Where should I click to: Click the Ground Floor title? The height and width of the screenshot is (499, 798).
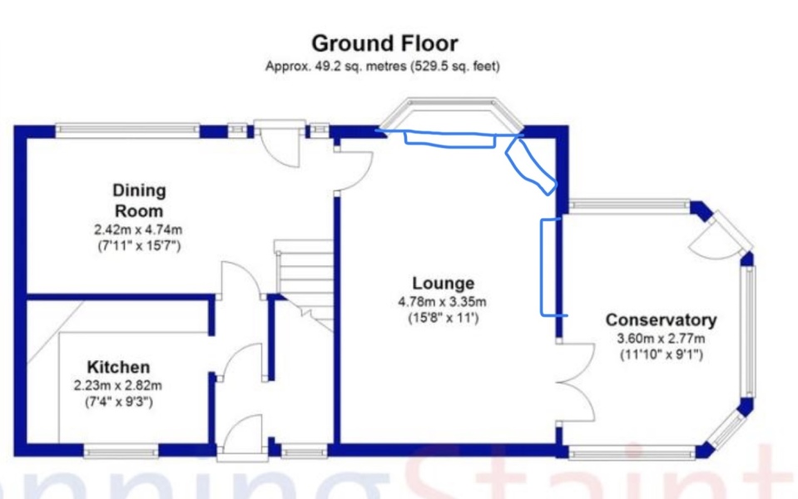click(x=384, y=43)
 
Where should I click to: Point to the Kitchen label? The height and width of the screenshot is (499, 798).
click(x=119, y=367)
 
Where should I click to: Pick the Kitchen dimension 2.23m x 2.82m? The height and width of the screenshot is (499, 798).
click(x=118, y=386)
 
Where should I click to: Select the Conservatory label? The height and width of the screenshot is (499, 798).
click(x=661, y=320)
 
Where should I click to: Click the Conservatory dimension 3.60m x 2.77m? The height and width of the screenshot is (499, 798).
click(x=661, y=338)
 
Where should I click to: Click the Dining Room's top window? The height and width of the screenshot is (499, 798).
click(x=127, y=130)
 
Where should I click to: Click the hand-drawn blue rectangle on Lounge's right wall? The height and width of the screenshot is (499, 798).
click(x=553, y=267)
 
